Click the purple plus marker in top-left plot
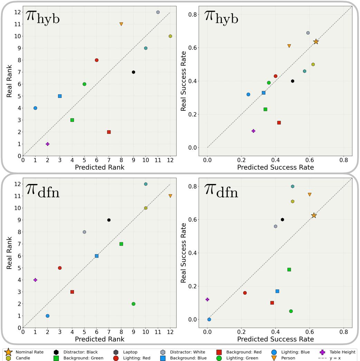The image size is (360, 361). tap(48, 144)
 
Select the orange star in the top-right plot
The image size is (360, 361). tap(316, 41)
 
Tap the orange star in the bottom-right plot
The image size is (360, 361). tap(314, 215)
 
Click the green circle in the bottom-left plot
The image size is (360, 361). tap(133, 304)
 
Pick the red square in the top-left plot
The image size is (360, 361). tap(109, 132)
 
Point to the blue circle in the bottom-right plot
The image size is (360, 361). tap(209, 320)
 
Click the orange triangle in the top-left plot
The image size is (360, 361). tap(121, 24)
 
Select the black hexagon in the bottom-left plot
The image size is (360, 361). tap(109, 220)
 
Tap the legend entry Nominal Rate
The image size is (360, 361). tap(29, 352)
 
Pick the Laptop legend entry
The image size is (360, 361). tap(130, 352)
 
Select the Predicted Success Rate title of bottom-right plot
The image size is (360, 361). tap(275, 339)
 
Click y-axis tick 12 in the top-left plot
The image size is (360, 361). tap(17, 12)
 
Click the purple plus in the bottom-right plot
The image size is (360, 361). tap(207, 299)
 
